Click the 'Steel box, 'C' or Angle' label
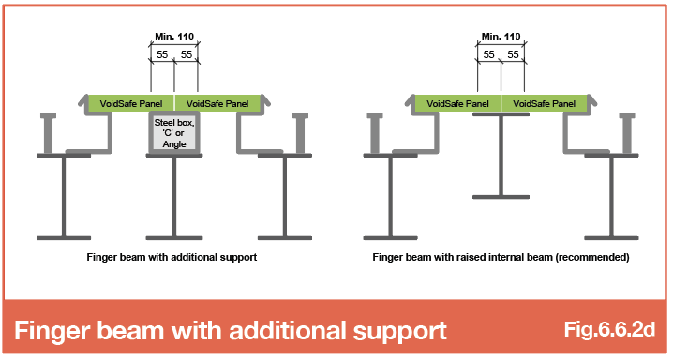pyautogui.click(x=174, y=133)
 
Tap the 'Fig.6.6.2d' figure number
pyautogui.click(x=609, y=329)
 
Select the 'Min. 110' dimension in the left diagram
pyautogui.click(x=174, y=37)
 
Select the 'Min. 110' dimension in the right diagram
pyautogui.click(x=501, y=37)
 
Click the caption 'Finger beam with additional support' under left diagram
pyautogui.click(x=172, y=257)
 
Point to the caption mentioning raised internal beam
pyautogui.click(x=501, y=257)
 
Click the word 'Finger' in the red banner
pyautogui.click(x=52, y=331)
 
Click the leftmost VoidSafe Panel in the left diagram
pyautogui.click(x=131, y=103)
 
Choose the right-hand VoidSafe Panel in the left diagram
pyautogui.click(x=217, y=103)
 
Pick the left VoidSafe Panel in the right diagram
pyautogui.click(x=457, y=103)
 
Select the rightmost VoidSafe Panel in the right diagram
pyautogui.click(x=545, y=103)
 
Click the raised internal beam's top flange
pyautogui.click(x=501, y=114)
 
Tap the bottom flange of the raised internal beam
pyautogui.click(x=501, y=197)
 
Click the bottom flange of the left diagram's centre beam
pyautogui.click(x=174, y=238)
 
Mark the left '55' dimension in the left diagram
pyautogui.click(x=162, y=54)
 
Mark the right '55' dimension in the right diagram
pyautogui.click(x=513, y=54)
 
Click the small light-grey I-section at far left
pyautogui.click(x=48, y=133)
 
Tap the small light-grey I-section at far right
pyautogui.click(x=627, y=133)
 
